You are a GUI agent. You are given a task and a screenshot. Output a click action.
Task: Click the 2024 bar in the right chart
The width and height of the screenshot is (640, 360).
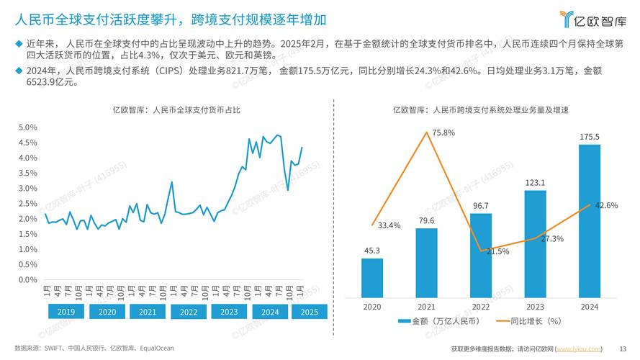(590, 220)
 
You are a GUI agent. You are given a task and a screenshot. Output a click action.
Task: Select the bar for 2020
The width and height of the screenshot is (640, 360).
(372, 277)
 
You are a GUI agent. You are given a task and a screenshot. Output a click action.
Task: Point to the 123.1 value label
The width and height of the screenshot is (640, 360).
(535, 182)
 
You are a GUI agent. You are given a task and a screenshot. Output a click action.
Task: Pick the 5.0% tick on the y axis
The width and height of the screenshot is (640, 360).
(27, 127)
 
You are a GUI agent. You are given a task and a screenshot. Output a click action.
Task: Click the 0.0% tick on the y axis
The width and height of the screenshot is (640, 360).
(27, 280)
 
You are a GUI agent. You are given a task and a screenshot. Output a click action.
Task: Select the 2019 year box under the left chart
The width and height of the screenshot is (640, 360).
(66, 312)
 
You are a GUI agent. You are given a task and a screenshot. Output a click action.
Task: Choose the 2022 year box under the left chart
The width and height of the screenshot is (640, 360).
(189, 312)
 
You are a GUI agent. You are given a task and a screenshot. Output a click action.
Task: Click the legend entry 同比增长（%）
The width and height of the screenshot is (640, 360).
(531, 321)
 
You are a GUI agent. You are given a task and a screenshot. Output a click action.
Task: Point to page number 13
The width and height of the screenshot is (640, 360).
(623, 348)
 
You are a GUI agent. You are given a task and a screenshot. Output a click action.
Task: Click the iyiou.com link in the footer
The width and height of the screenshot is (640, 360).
(579, 348)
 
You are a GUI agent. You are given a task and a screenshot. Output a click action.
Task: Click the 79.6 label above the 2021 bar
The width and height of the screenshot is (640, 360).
(426, 220)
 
